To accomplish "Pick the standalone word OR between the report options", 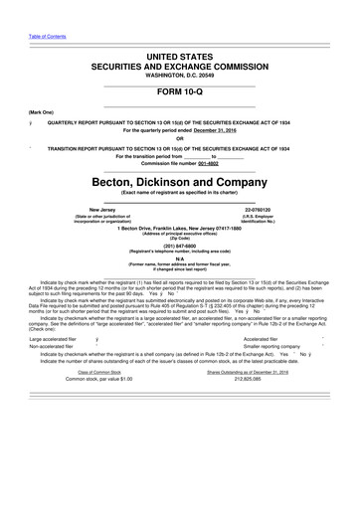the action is pos(180,138).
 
